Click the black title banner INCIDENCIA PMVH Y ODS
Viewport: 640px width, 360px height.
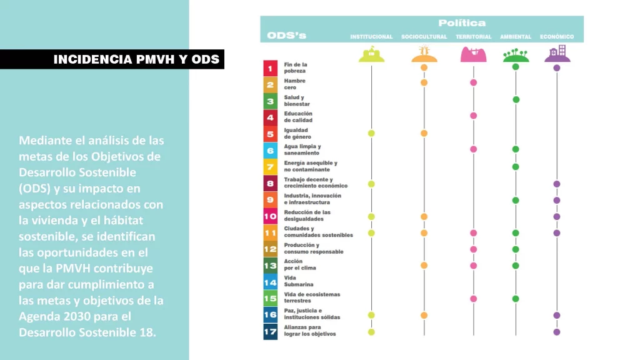(x=136, y=59)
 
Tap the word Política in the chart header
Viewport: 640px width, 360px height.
(x=462, y=23)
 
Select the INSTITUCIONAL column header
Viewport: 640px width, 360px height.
(x=371, y=37)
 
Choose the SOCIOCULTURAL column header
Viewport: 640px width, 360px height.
(x=424, y=37)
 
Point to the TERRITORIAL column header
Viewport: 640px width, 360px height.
(x=473, y=37)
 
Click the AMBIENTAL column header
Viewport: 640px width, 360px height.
(x=516, y=37)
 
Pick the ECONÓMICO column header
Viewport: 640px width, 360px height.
(x=557, y=37)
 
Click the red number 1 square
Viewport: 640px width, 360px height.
(x=270, y=68)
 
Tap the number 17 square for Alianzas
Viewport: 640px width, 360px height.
(x=270, y=331)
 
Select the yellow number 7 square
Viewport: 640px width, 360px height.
(x=270, y=167)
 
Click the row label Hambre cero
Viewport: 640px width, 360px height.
(x=294, y=84)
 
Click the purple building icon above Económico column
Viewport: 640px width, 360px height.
(x=557, y=54)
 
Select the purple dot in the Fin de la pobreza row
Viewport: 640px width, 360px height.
(x=557, y=67)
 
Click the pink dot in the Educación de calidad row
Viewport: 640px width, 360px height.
(x=473, y=116)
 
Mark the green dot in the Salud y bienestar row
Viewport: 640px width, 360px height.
(x=516, y=99)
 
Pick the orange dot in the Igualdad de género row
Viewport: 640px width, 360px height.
(x=424, y=133)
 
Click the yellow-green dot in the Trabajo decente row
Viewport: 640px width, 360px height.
(x=371, y=184)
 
